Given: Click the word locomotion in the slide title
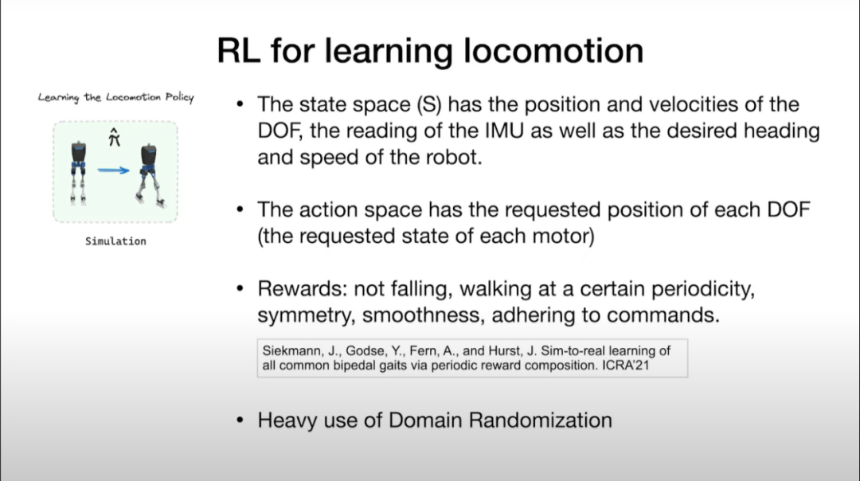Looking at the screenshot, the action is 553,51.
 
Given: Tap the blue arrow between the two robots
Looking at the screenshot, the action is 114,170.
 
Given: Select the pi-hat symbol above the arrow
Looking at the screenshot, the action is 114,137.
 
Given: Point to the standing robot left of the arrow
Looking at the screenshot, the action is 78,172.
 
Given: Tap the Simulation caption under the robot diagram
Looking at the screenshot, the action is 115,241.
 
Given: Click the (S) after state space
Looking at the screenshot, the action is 429,105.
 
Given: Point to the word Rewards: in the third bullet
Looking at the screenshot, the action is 303,289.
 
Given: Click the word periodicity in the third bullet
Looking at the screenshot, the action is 703,289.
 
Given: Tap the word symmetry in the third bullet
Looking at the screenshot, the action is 307,316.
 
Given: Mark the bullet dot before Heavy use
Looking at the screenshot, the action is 240,420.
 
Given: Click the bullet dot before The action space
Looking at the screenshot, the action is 240,209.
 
